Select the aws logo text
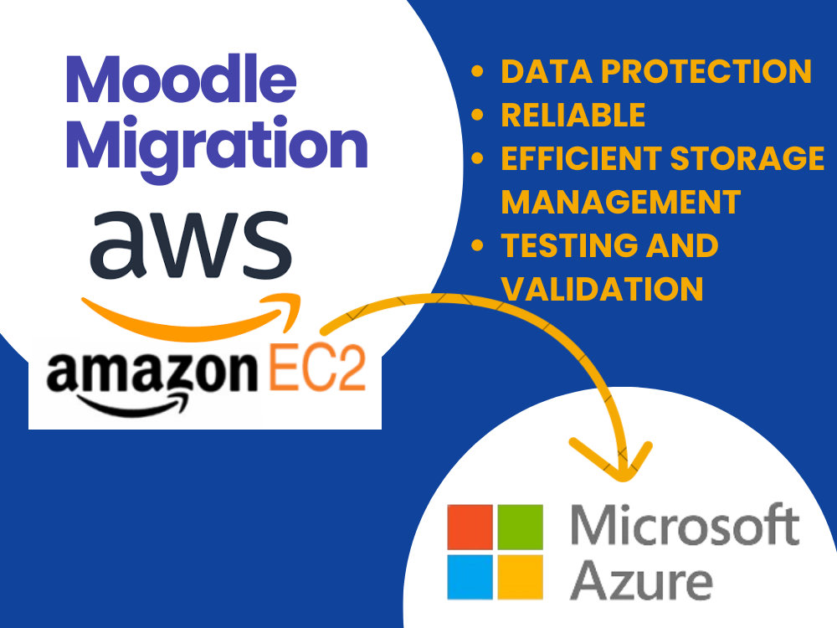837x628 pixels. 191,244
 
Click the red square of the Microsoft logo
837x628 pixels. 470,527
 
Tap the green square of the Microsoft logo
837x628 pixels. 521,527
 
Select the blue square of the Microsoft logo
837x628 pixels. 470,577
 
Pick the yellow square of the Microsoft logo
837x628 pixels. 521,577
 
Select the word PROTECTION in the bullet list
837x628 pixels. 706,71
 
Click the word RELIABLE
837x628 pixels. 573,115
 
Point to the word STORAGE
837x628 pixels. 747,158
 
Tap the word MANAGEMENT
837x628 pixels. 621,202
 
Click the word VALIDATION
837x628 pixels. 602,289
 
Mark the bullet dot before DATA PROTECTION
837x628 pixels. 477,71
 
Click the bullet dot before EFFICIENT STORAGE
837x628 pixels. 477,158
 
